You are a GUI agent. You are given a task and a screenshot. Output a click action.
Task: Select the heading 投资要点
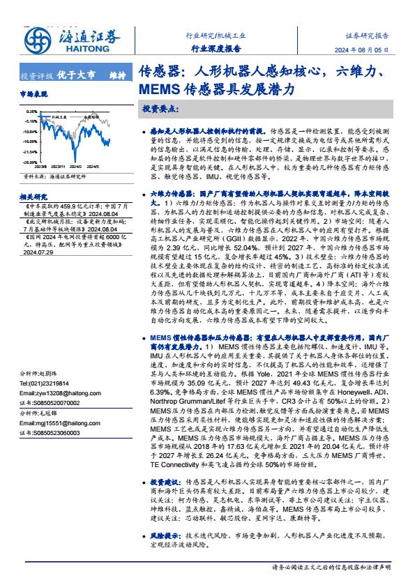160,109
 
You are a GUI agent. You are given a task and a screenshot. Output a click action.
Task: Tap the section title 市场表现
34,93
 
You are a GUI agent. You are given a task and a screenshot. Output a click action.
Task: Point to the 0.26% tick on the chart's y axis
32,112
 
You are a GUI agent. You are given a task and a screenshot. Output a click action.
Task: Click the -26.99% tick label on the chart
30,162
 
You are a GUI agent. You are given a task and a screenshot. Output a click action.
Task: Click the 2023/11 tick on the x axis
57,167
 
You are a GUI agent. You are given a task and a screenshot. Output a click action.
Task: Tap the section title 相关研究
34,197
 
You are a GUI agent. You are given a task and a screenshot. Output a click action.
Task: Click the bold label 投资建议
164,482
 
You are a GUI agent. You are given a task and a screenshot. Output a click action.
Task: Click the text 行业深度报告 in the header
216,49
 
